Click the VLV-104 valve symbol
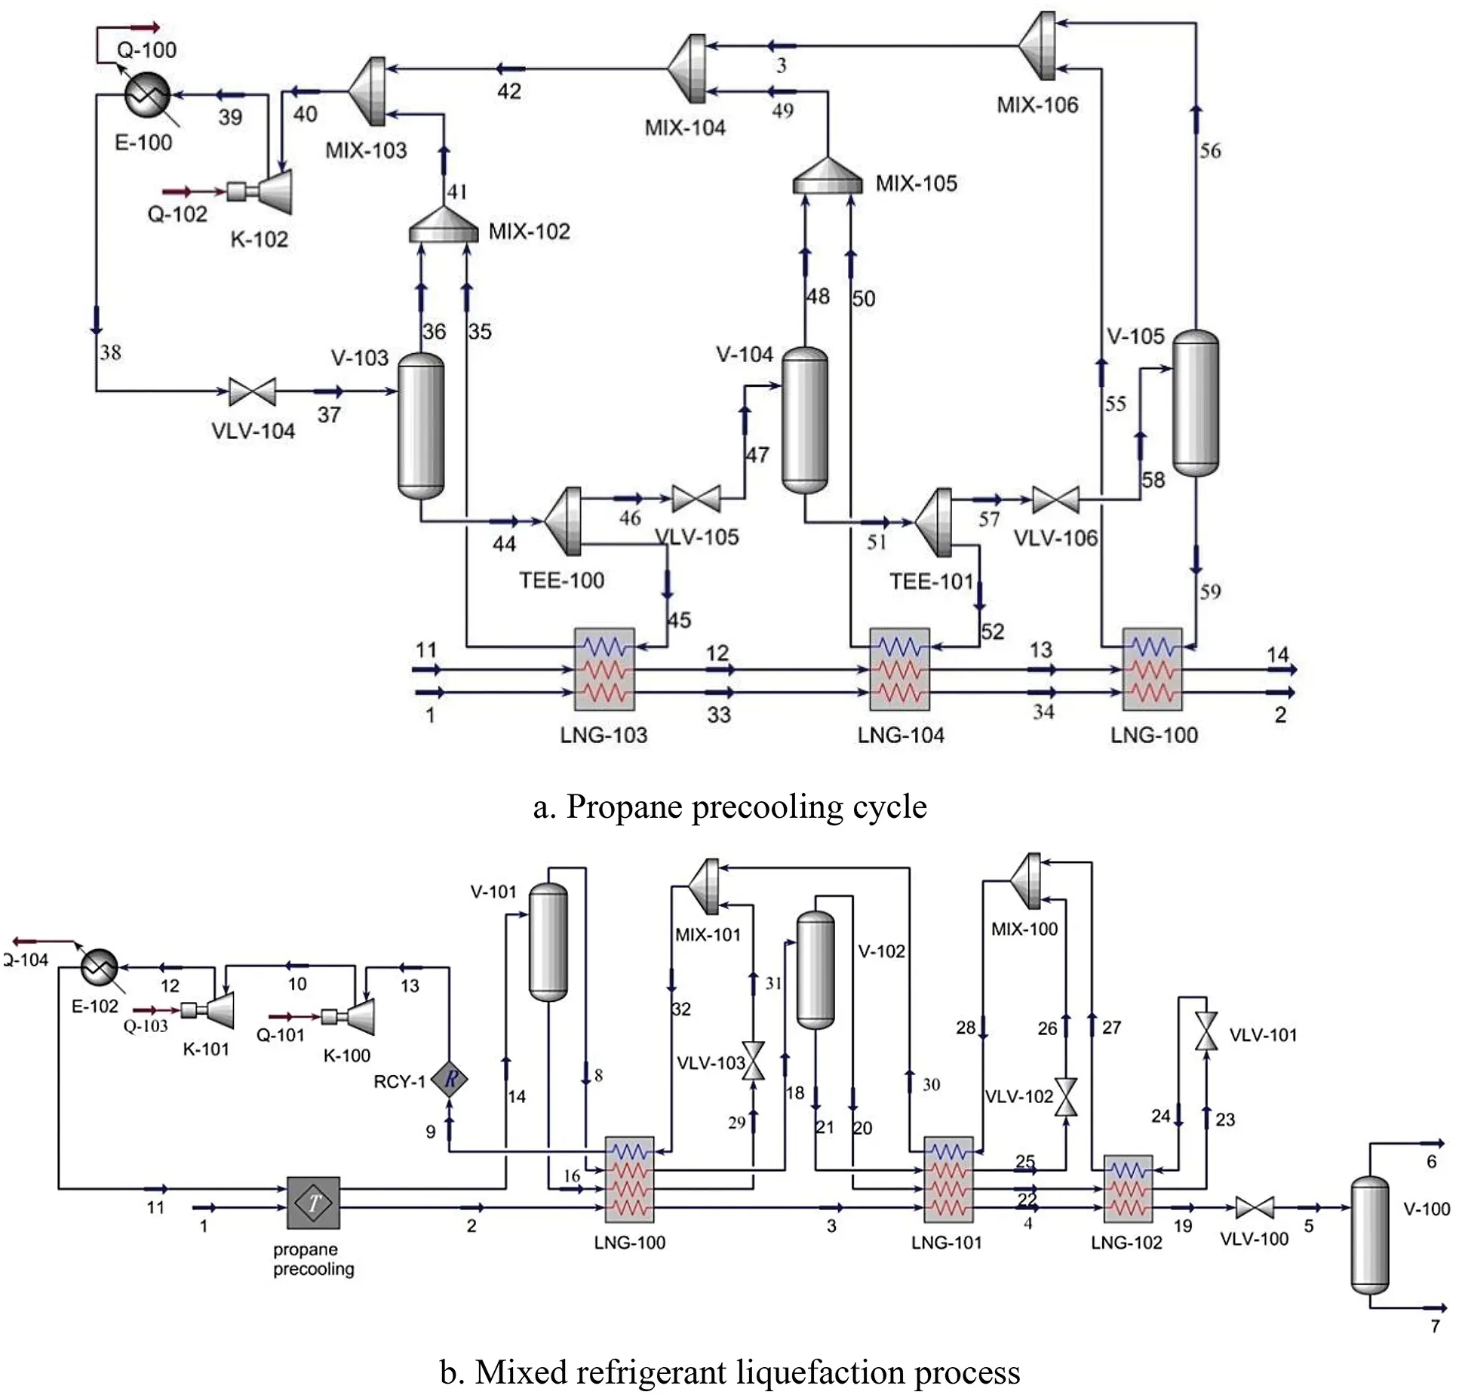click(x=252, y=392)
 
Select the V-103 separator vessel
click(x=420, y=426)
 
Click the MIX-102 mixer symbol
click(x=444, y=226)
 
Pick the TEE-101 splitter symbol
click(x=935, y=521)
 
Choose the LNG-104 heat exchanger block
click(x=898, y=669)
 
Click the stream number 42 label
click(x=509, y=91)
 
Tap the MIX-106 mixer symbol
click(x=1037, y=45)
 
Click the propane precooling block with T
click(x=313, y=1203)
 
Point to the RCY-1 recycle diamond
click(x=450, y=1080)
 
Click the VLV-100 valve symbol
click(x=1254, y=1207)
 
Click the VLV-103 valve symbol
click(x=754, y=1061)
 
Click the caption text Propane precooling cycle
click(x=729, y=807)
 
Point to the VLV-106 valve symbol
click(x=1055, y=499)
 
